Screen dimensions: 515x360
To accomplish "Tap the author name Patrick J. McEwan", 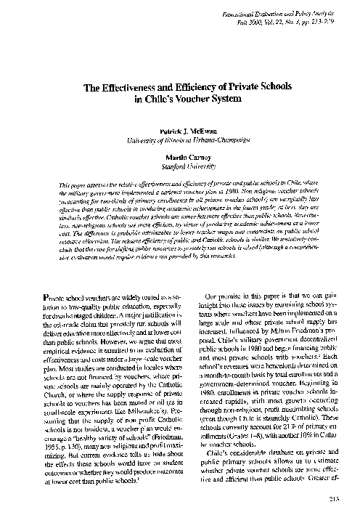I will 181,125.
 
